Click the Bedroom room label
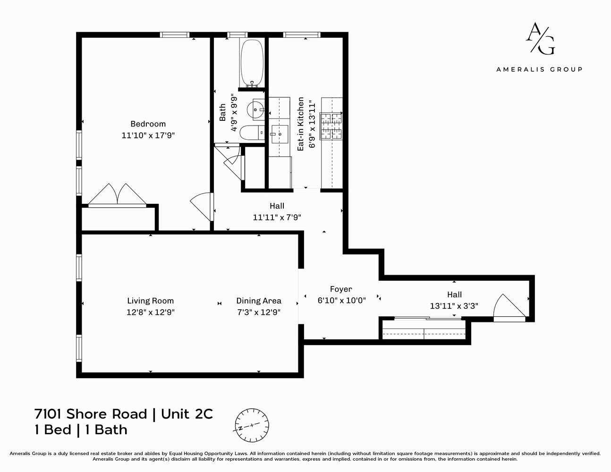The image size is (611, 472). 148,124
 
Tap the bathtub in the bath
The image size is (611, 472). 252,63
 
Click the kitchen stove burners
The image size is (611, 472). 331,126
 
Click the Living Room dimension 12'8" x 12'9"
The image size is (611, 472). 151,312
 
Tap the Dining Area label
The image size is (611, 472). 259,301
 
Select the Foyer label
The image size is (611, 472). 341,289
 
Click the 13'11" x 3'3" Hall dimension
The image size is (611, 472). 454,306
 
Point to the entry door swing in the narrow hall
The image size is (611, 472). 508,307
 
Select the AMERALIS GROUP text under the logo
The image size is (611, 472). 539,69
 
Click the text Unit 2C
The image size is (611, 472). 187,414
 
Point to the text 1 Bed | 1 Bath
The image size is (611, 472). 81,430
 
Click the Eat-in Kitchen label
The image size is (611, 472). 301,124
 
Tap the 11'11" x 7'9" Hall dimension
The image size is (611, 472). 277,218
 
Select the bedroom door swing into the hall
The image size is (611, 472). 202,206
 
